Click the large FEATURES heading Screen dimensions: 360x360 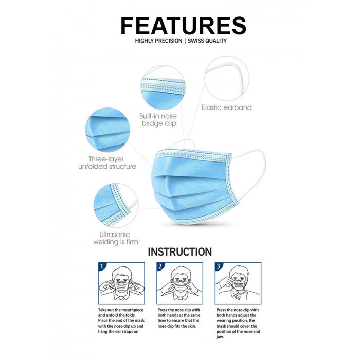click(x=183, y=25)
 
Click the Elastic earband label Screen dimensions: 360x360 click(x=226, y=107)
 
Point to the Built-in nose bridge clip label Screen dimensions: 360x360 click(x=158, y=120)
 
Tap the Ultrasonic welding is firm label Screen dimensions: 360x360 click(x=115, y=238)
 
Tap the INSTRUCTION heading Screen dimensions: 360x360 click(x=179, y=252)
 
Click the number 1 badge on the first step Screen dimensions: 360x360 click(x=102, y=267)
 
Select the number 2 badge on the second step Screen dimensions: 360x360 click(x=160, y=267)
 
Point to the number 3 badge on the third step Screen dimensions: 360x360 click(x=219, y=267)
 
